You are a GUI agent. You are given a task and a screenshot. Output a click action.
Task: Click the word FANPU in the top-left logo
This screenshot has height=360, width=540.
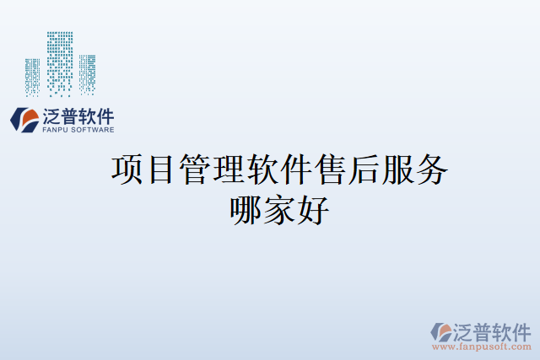pos(57,130)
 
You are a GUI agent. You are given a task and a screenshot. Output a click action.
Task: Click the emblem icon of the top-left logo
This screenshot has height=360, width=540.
pos(24,120)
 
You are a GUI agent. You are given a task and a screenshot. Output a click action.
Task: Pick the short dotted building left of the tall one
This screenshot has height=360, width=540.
pos(33,75)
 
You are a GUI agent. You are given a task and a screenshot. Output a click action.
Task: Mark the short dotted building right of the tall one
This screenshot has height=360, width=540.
pos(86,73)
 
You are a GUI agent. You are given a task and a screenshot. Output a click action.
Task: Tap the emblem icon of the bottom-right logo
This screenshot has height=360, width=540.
pos(441,331)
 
